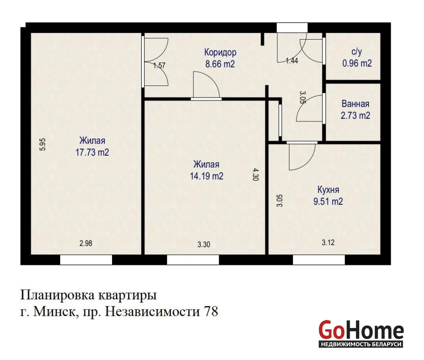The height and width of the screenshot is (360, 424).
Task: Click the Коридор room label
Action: point(220,52)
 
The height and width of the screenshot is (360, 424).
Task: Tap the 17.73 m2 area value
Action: point(92,153)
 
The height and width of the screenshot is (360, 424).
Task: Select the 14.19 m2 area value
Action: point(207,176)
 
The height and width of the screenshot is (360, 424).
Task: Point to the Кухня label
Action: point(328,190)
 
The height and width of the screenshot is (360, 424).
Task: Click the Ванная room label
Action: point(355,104)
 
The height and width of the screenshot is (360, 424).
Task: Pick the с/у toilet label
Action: point(356,52)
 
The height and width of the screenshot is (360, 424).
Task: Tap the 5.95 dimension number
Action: point(43,144)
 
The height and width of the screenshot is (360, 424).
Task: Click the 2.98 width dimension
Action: point(86,243)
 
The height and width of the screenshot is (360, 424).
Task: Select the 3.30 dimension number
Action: point(204,244)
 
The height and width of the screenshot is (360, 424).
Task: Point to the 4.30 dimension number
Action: point(256,174)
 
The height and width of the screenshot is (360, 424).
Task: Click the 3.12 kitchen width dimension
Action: point(328,243)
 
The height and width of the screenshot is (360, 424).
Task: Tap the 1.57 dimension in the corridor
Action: point(159,65)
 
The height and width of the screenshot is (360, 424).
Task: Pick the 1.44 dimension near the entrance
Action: point(292,61)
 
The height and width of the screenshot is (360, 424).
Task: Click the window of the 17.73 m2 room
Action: point(86,260)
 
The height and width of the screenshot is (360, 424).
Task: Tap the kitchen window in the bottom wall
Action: point(319,260)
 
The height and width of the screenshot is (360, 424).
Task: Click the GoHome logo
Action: point(361,334)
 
